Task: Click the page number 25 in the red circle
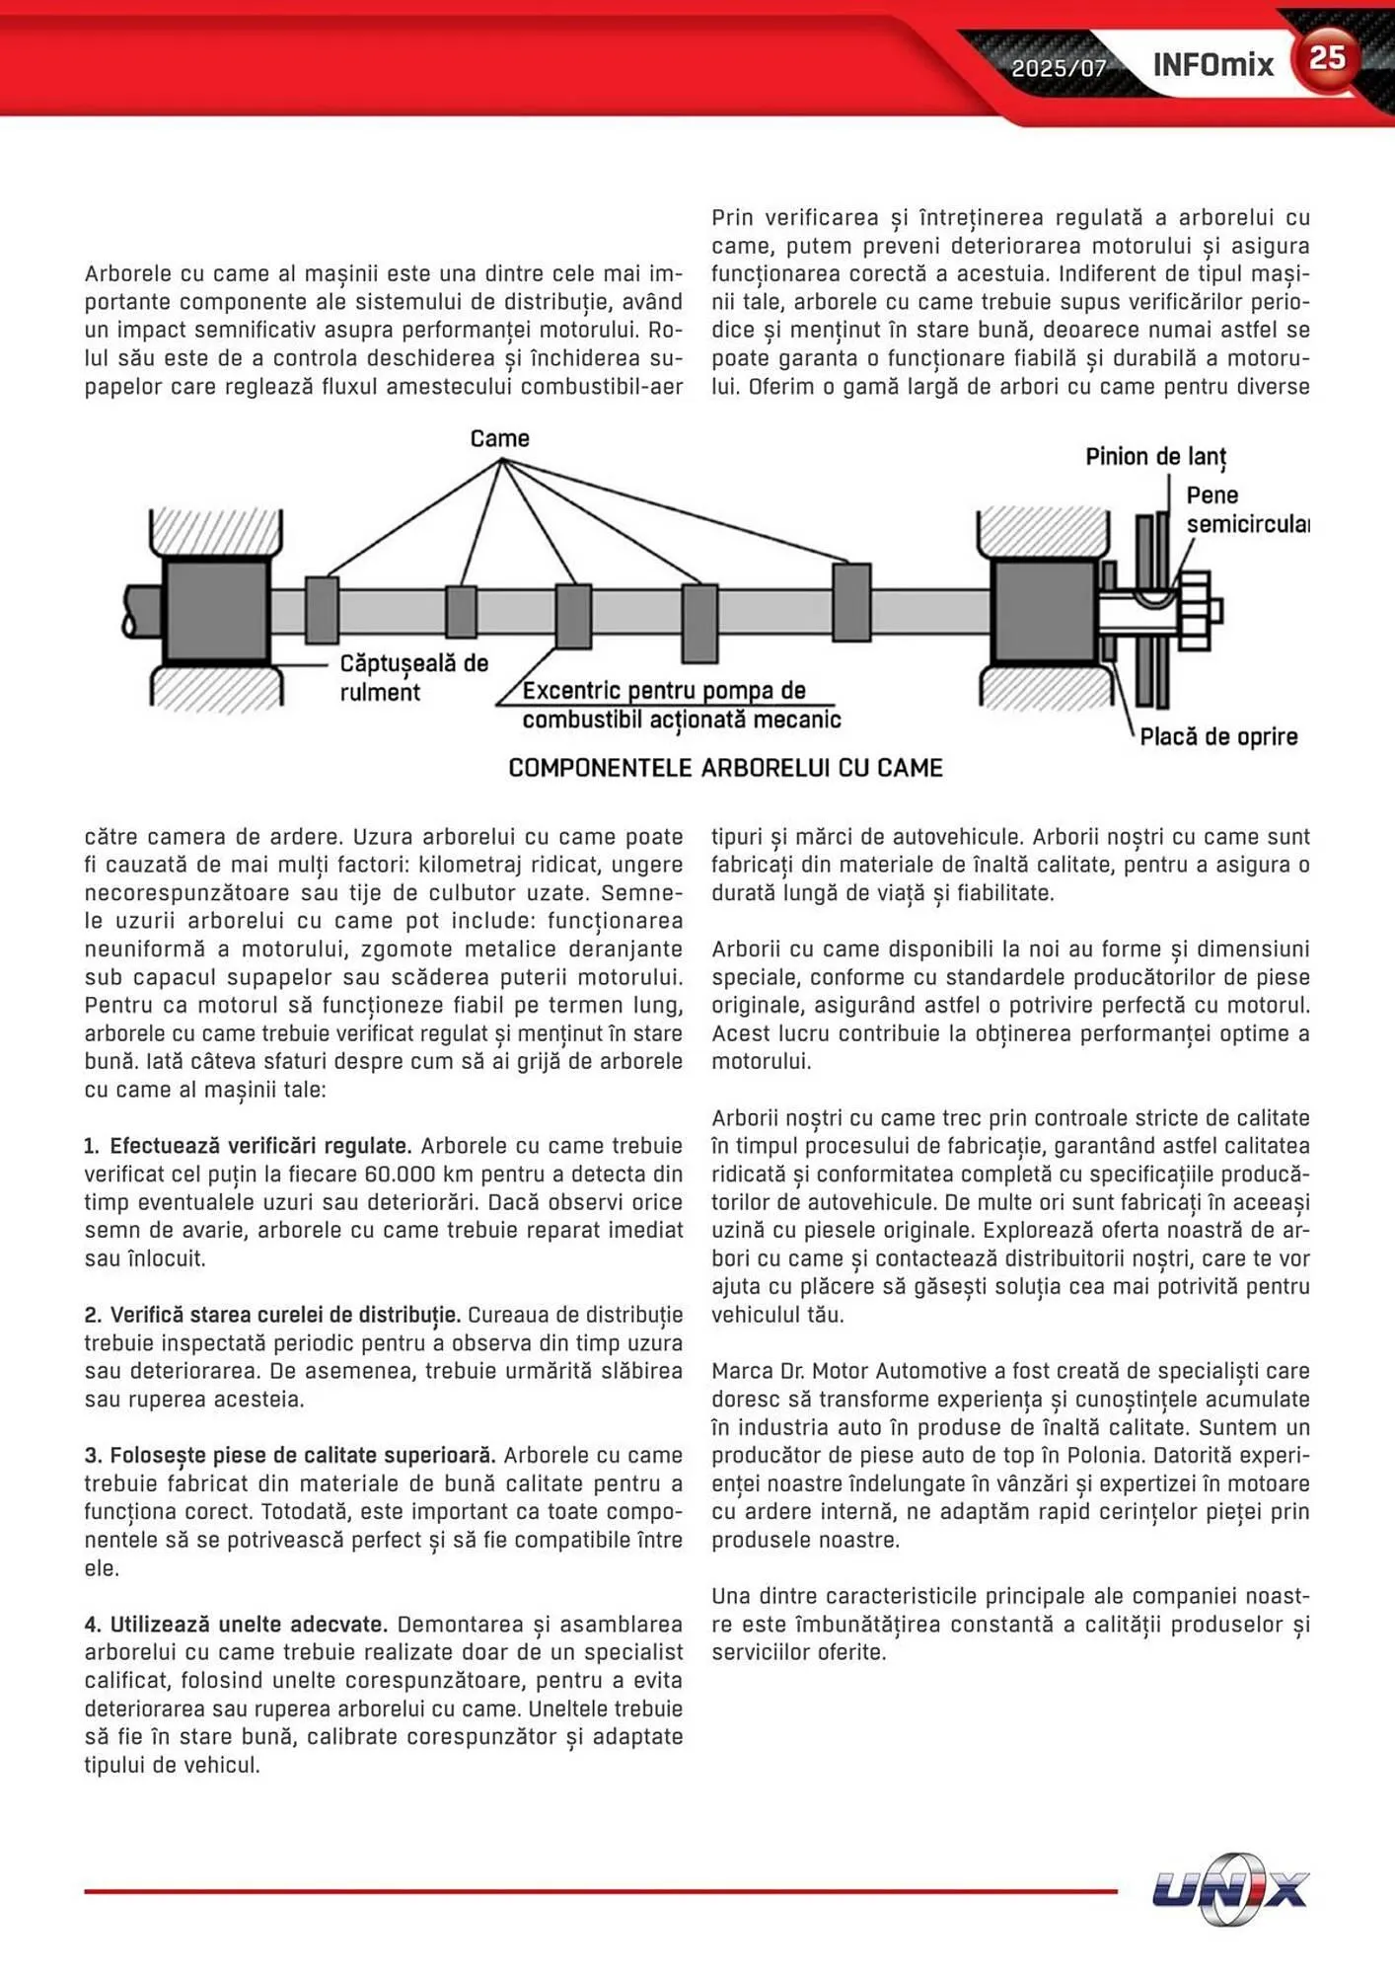click(1327, 58)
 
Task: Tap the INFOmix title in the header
click(1212, 65)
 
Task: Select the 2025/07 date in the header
click(1059, 68)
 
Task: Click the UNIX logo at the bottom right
click(1229, 1889)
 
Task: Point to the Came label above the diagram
click(499, 438)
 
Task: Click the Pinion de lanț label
click(1155, 457)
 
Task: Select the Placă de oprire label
click(1218, 736)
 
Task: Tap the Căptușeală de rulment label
click(413, 677)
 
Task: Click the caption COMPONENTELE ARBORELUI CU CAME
click(725, 768)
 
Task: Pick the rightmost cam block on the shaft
click(850, 602)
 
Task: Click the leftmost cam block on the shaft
click(322, 610)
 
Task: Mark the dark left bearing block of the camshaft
click(216, 610)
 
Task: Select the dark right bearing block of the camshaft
click(1043, 610)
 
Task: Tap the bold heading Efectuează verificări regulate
click(260, 1146)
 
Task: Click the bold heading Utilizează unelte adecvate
click(249, 1625)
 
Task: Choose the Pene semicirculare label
click(1246, 509)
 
